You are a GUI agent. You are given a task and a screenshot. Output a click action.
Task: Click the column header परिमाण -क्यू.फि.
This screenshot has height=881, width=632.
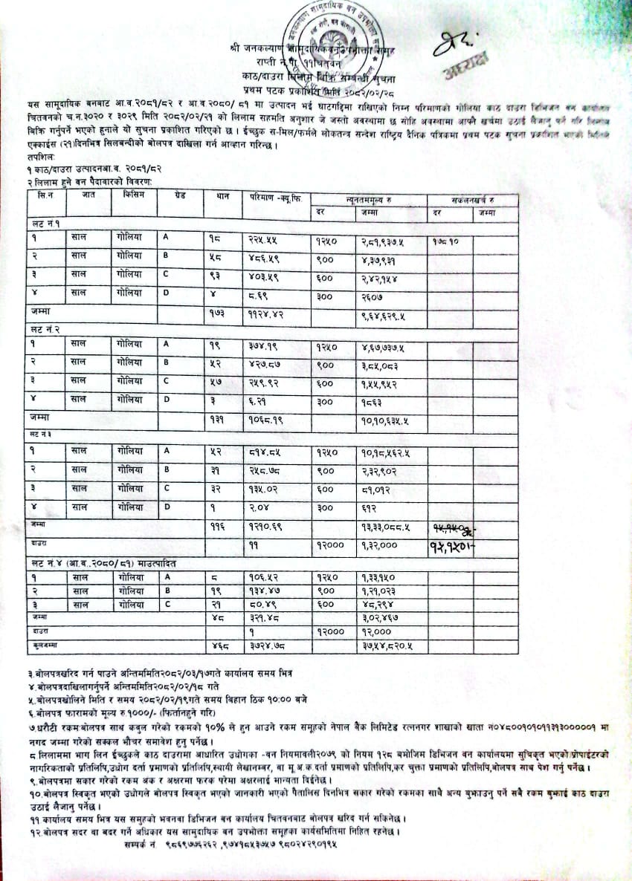click(274, 198)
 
